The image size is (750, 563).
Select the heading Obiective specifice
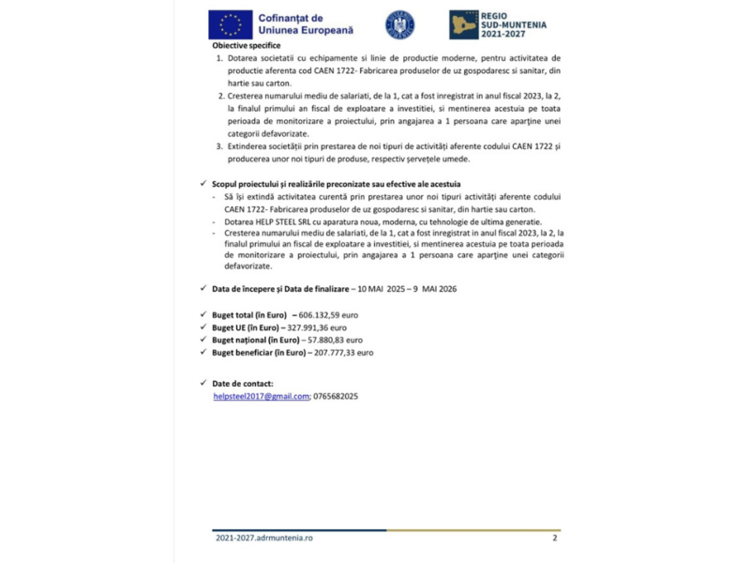247,44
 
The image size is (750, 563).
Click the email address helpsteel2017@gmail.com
262,397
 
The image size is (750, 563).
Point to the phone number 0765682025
336,397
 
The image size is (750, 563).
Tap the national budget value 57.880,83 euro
329,340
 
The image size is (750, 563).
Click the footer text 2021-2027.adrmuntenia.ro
263,538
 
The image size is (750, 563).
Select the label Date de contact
243,384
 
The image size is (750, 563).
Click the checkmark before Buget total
204,314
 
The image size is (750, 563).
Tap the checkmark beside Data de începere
204,288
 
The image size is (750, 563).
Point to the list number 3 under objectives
219,146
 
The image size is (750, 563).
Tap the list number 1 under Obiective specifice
219,58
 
